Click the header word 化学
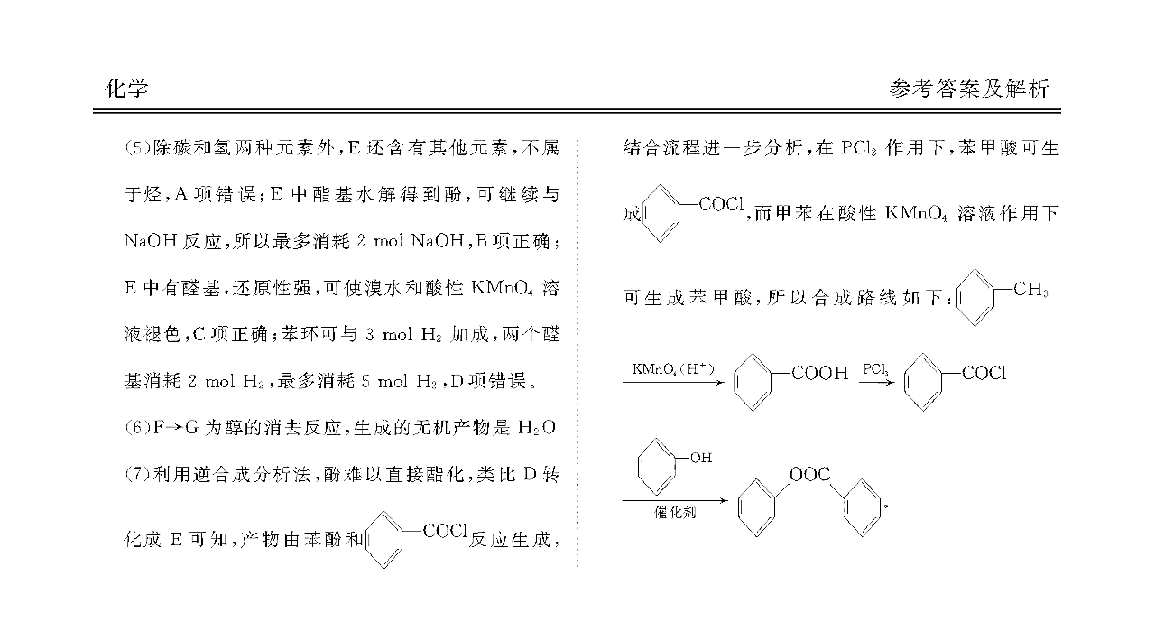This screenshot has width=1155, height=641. [x=126, y=88]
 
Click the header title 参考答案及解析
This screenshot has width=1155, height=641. [x=969, y=88]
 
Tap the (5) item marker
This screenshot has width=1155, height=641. [x=137, y=149]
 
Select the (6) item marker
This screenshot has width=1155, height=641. [x=137, y=428]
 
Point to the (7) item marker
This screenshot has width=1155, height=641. [x=137, y=474]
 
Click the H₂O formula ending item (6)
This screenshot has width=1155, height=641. [x=537, y=428]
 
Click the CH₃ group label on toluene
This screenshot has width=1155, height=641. [x=1030, y=290]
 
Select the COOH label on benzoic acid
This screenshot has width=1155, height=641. [x=820, y=373]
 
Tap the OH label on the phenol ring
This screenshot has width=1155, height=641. [x=701, y=458]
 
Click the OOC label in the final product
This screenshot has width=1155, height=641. [x=809, y=474]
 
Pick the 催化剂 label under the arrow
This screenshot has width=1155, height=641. [x=675, y=512]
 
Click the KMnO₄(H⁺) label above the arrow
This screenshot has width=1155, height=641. [x=673, y=369]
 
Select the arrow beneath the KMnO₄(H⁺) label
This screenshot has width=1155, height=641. [x=673, y=383]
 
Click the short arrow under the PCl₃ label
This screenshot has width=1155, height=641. [x=876, y=383]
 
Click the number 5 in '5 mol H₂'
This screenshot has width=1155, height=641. [x=365, y=381]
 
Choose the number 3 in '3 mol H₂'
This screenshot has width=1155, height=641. [x=370, y=334]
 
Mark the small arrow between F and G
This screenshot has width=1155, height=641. [x=174, y=428]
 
